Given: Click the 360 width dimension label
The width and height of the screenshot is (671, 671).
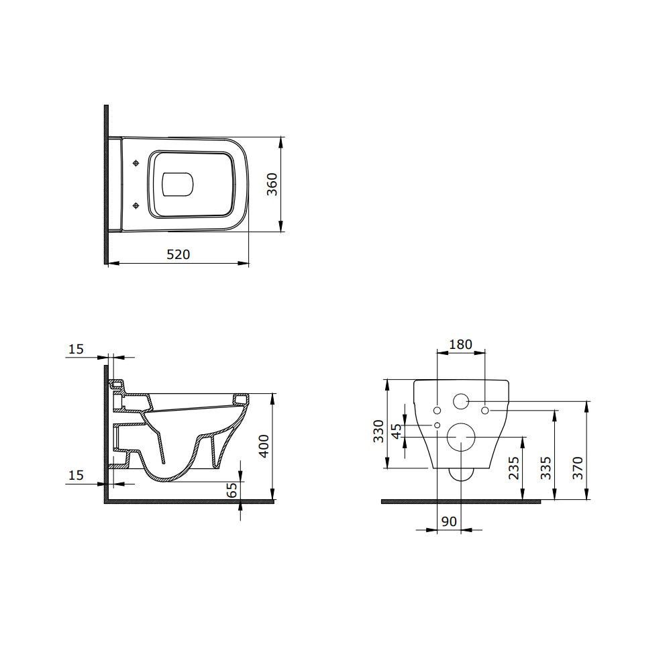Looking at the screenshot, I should [x=272, y=184].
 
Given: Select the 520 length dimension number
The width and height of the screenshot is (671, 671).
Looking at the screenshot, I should [x=178, y=254].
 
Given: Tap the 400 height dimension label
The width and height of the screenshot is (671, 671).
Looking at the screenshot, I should [x=264, y=446].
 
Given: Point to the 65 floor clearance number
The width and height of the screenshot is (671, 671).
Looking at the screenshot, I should [x=232, y=490].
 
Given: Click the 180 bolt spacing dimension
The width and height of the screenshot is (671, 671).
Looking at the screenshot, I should [x=460, y=345].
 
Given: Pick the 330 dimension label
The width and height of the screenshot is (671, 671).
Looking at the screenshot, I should [x=378, y=430].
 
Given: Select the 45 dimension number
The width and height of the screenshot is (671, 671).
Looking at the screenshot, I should [x=397, y=431].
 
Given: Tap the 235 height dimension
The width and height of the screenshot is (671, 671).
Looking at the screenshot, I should [x=514, y=468].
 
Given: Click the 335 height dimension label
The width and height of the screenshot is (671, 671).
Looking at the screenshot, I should [x=546, y=468].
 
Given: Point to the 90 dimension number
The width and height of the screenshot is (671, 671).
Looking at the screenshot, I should [x=449, y=521].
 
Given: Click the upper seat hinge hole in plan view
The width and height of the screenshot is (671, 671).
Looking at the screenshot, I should [x=136, y=163].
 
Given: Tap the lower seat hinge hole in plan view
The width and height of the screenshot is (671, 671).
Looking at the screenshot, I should [x=136, y=205].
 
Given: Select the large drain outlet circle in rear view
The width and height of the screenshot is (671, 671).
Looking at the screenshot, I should [x=460, y=438].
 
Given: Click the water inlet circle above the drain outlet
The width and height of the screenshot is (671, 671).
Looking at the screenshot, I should [x=461, y=402].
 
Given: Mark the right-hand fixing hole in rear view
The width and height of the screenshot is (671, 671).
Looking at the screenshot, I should [x=485, y=410].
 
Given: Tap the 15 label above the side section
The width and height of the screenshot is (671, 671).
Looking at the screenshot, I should [x=76, y=349].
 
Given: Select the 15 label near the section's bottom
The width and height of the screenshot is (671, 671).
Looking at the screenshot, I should [x=76, y=475].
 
